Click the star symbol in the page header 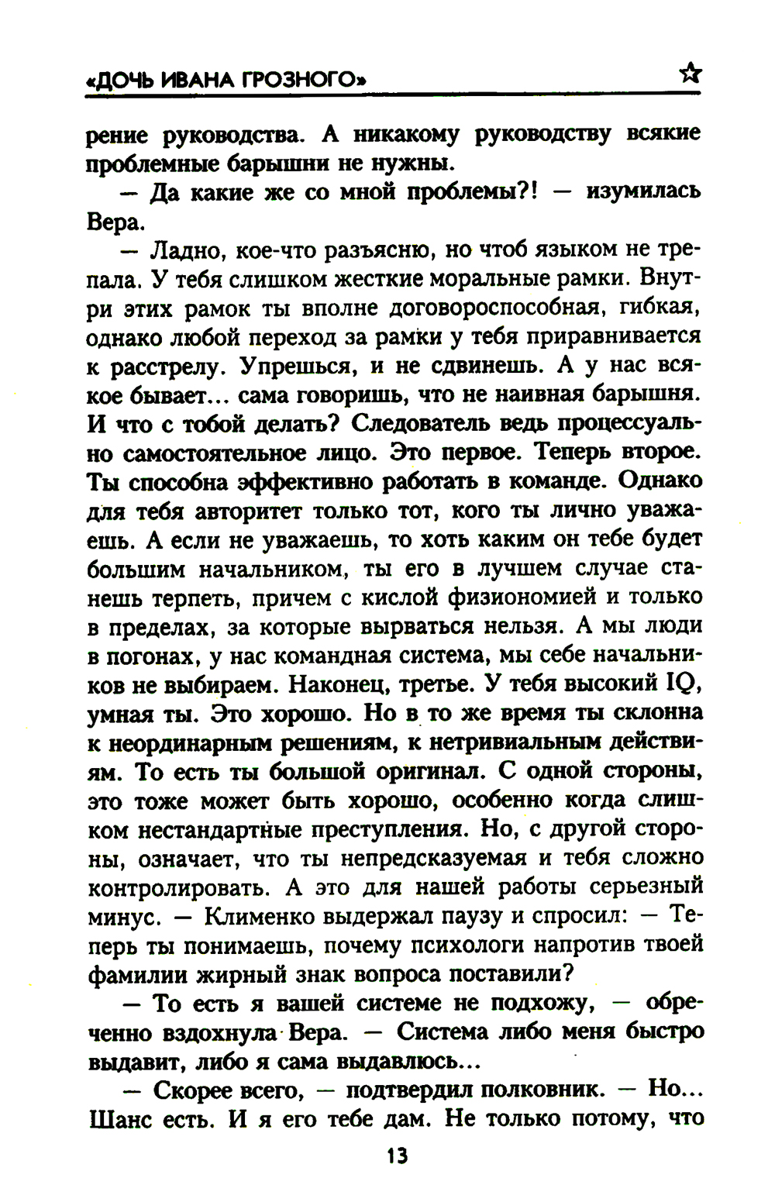[x=690, y=74]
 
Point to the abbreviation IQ [x=683, y=684]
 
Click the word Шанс [x=119, y=1119]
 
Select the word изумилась [x=643, y=191]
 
